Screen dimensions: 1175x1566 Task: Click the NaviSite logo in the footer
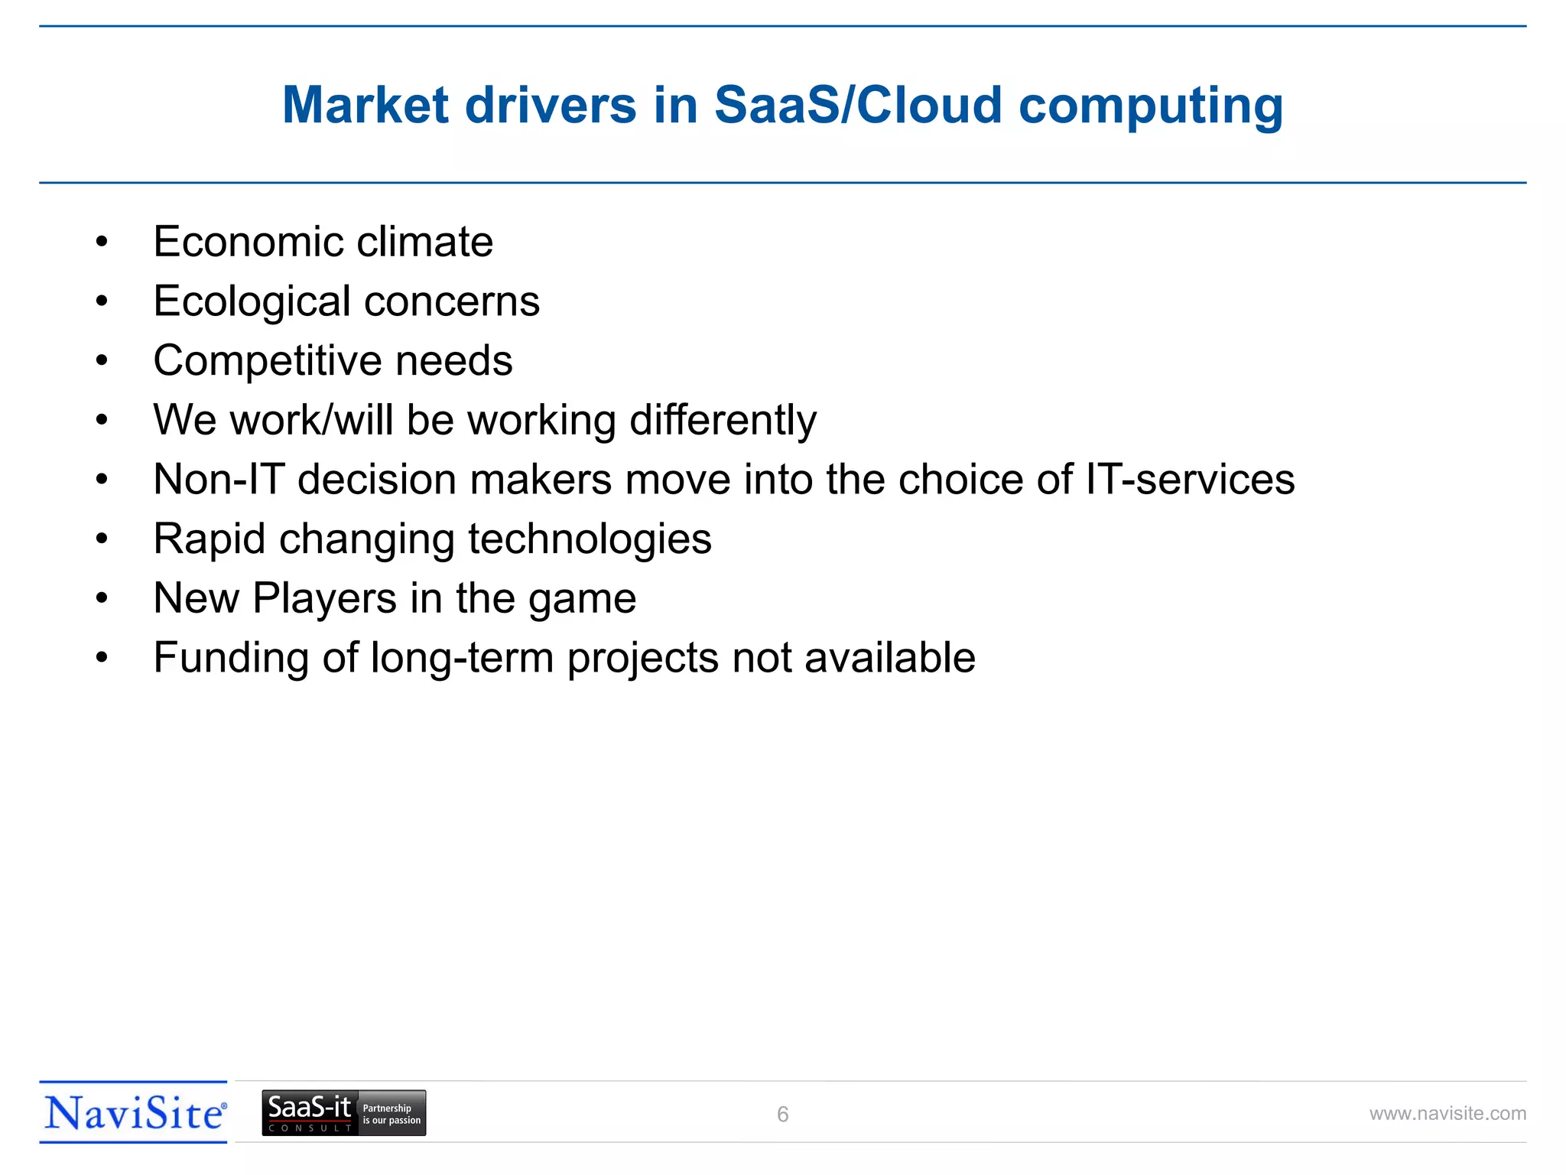coord(134,1113)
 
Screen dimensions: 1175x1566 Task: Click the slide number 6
coord(782,1115)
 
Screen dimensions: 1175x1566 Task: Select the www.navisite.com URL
coord(1447,1114)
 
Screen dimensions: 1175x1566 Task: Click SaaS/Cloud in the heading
coord(858,105)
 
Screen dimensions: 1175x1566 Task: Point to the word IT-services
coord(1190,480)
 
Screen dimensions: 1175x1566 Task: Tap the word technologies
coord(590,540)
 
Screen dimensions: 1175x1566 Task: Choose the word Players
coord(325,598)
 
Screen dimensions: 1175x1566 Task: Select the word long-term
coord(462,659)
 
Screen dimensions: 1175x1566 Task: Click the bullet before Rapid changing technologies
coord(102,539)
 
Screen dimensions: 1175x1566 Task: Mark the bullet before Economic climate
coord(102,242)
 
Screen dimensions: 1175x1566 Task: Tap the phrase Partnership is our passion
coord(391,1114)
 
